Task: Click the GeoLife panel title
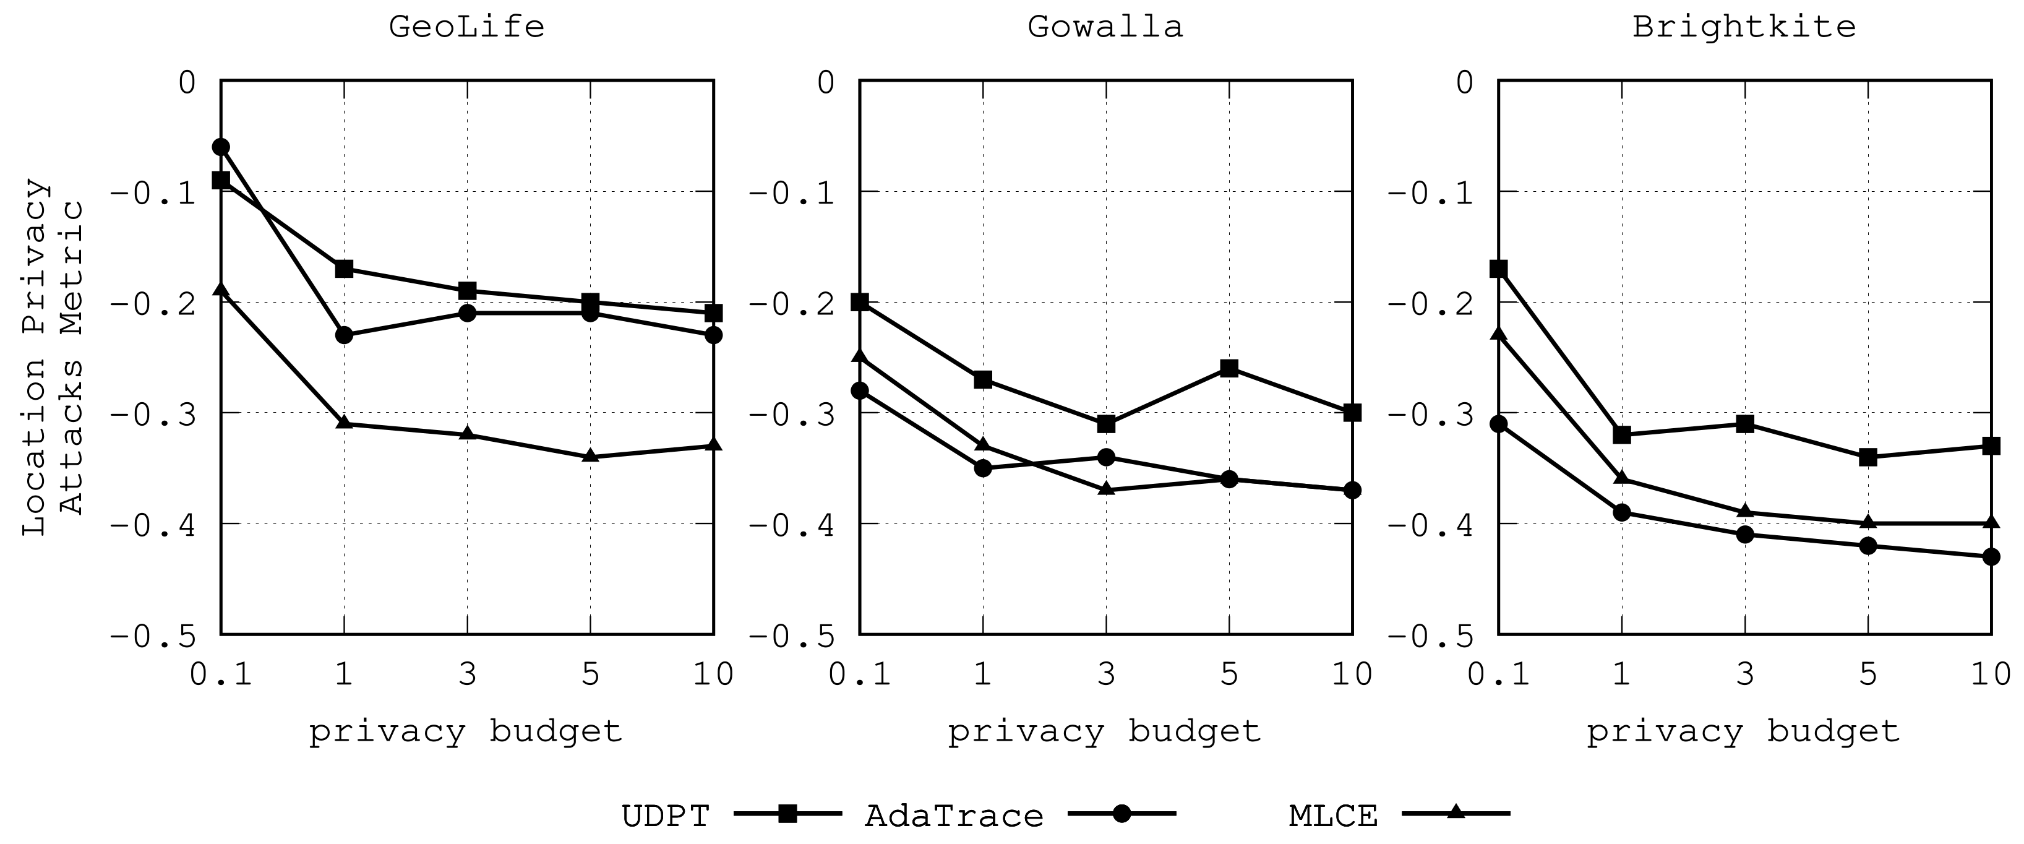[x=466, y=27]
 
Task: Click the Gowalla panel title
[x=1105, y=27]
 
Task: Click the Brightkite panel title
[x=1744, y=27]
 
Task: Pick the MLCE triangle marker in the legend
[x=1456, y=812]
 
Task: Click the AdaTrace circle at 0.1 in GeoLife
[x=221, y=147]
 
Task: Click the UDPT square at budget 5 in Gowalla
[x=1230, y=369]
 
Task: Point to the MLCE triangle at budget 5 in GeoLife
[x=591, y=456]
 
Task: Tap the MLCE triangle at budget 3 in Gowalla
[x=1106, y=489]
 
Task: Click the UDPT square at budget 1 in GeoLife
[x=344, y=269]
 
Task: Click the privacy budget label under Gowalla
[x=1105, y=731]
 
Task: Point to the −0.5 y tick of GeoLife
[x=153, y=635]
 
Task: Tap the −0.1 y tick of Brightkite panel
[x=1431, y=193]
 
